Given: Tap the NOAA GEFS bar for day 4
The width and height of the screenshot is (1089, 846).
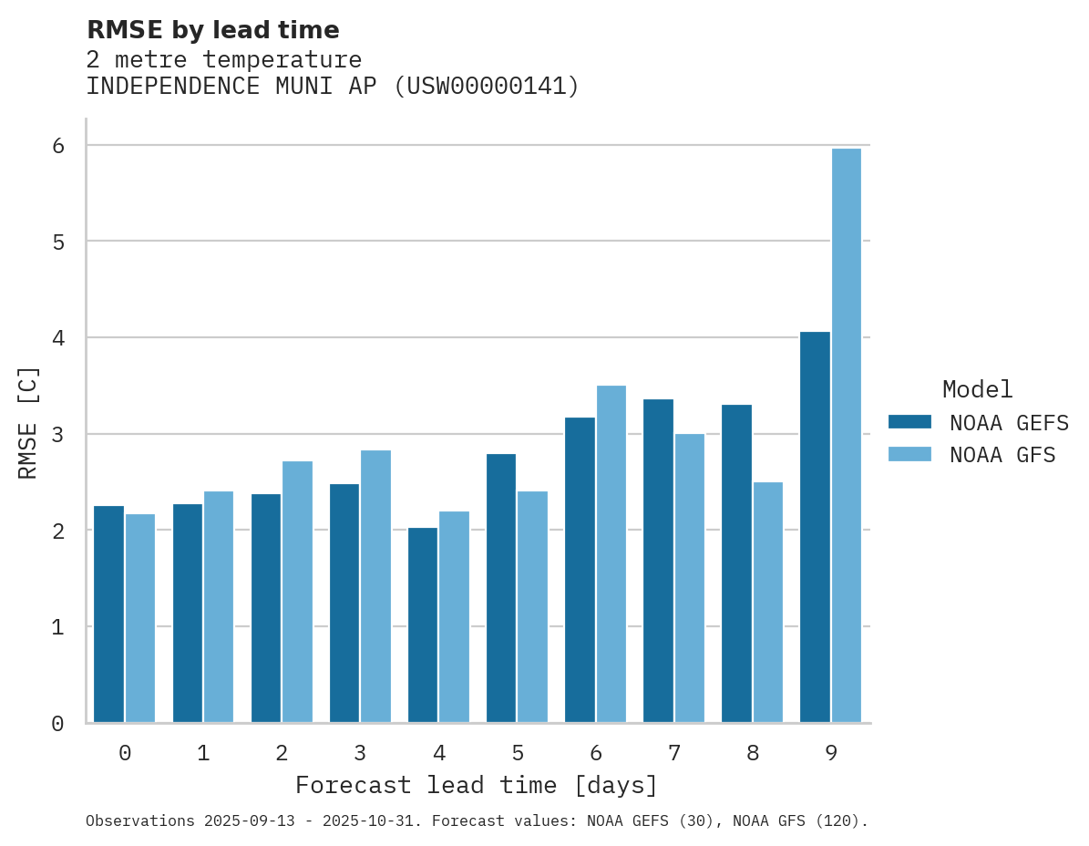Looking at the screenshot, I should click(x=423, y=625).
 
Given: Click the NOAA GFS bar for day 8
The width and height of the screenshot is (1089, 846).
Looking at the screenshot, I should click(x=768, y=603).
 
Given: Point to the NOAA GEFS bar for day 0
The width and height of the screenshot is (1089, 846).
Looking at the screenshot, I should click(x=109, y=614).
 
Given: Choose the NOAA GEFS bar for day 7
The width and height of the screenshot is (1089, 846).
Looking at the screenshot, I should click(x=659, y=561).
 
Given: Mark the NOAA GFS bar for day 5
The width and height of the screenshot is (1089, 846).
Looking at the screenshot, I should click(x=533, y=607).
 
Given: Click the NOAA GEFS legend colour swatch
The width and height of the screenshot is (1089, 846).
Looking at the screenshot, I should click(x=909, y=421).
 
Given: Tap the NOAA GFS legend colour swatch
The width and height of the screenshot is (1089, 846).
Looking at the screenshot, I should click(x=909, y=454).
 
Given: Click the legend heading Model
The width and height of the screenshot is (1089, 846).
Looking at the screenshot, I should click(x=977, y=389).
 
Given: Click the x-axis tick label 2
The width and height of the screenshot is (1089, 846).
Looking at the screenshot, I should click(x=282, y=753).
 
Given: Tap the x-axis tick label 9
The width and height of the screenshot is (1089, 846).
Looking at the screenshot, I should click(x=831, y=753).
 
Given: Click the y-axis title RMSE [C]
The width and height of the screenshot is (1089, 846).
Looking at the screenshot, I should click(x=28, y=422).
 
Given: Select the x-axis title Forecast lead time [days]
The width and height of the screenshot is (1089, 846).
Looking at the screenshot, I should click(x=477, y=785).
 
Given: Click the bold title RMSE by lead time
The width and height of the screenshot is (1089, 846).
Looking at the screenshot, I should click(x=213, y=30).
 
